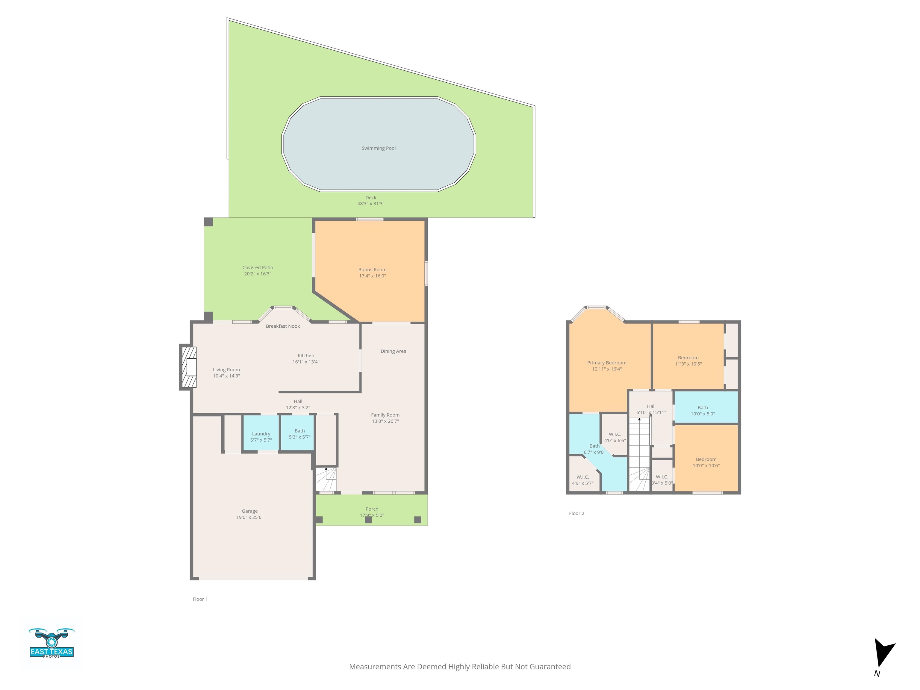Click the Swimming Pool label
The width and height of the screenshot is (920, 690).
(379, 148)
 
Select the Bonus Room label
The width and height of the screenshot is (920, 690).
(372, 270)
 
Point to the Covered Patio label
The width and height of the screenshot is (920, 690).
(258, 267)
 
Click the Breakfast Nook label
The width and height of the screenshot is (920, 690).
(283, 326)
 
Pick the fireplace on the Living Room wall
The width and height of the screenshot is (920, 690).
(188, 367)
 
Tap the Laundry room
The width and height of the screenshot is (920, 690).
(261, 433)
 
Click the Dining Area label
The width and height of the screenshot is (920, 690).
(393, 351)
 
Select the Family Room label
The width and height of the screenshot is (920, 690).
(385, 415)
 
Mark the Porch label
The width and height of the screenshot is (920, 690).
(372, 509)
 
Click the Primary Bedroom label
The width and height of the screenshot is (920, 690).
(606, 363)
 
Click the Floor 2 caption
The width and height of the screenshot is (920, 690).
(576, 513)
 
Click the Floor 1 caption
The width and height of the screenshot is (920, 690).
(200, 599)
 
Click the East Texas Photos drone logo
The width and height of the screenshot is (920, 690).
(51, 643)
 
